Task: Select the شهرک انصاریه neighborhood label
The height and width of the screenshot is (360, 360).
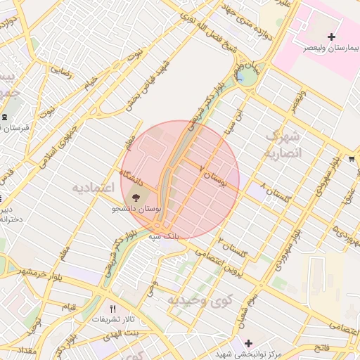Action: tap(283, 143)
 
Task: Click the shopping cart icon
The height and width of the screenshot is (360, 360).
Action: tap(352, 158)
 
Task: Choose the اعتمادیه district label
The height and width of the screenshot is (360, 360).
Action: tap(94, 188)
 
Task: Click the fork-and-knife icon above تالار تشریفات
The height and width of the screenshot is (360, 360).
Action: tap(112, 309)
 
